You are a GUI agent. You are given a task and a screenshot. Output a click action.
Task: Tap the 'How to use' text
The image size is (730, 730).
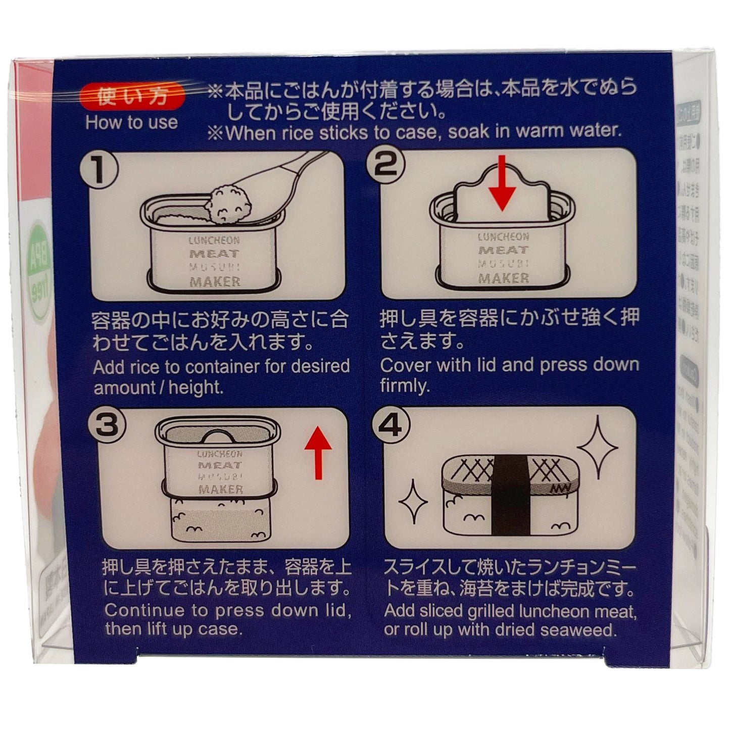131,123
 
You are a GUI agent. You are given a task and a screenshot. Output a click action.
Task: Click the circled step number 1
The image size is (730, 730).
99,169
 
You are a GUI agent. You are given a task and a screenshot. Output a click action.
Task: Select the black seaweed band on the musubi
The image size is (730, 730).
509,490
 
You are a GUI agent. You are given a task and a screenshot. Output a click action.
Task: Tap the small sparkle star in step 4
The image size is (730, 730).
413,501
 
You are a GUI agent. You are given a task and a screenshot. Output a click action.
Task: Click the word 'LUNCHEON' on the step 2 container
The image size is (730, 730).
503,236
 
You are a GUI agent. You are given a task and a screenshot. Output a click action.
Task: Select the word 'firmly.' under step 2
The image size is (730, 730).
405,387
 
